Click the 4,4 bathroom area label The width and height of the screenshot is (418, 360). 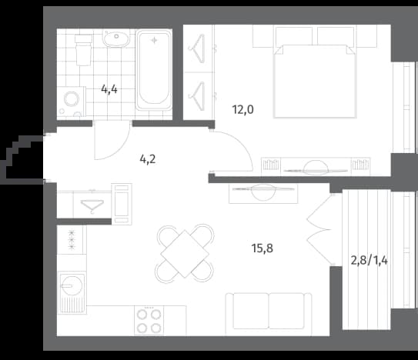pyautogui.click(x=109, y=89)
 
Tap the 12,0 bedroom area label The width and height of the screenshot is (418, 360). pyautogui.click(x=242, y=109)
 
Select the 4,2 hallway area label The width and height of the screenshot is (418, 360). pyautogui.click(x=148, y=159)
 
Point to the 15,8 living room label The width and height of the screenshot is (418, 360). pyautogui.click(x=263, y=248)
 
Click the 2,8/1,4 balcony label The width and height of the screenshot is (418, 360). pyautogui.click(x=370, y=260)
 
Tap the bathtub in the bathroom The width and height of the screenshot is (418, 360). pyautogui.click(x=154, y=70)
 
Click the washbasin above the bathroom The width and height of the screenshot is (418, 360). pyautogui.click(x=116, y=38)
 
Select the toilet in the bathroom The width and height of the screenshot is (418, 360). pyautogui.click(x=83, y=50)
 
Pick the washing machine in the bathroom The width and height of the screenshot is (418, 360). pyautogui.click(x=71, y=102)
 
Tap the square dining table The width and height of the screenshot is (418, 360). pyautogui.click(x=185, y=254)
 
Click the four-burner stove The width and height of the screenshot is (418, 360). pyautogui.click(x=149, y=320)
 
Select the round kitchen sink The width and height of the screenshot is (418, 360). pyautogui.click(x=72, y=285)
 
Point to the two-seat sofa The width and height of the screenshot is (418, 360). pyautogui.click(x=269, y=314)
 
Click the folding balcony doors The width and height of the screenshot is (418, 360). pyautogui.click(x=319, y=228)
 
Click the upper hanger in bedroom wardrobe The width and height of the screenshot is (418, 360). pyautogui.click(x=197, y=48)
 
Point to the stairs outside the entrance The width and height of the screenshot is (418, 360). pyautogui.click(x=22, y=159)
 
